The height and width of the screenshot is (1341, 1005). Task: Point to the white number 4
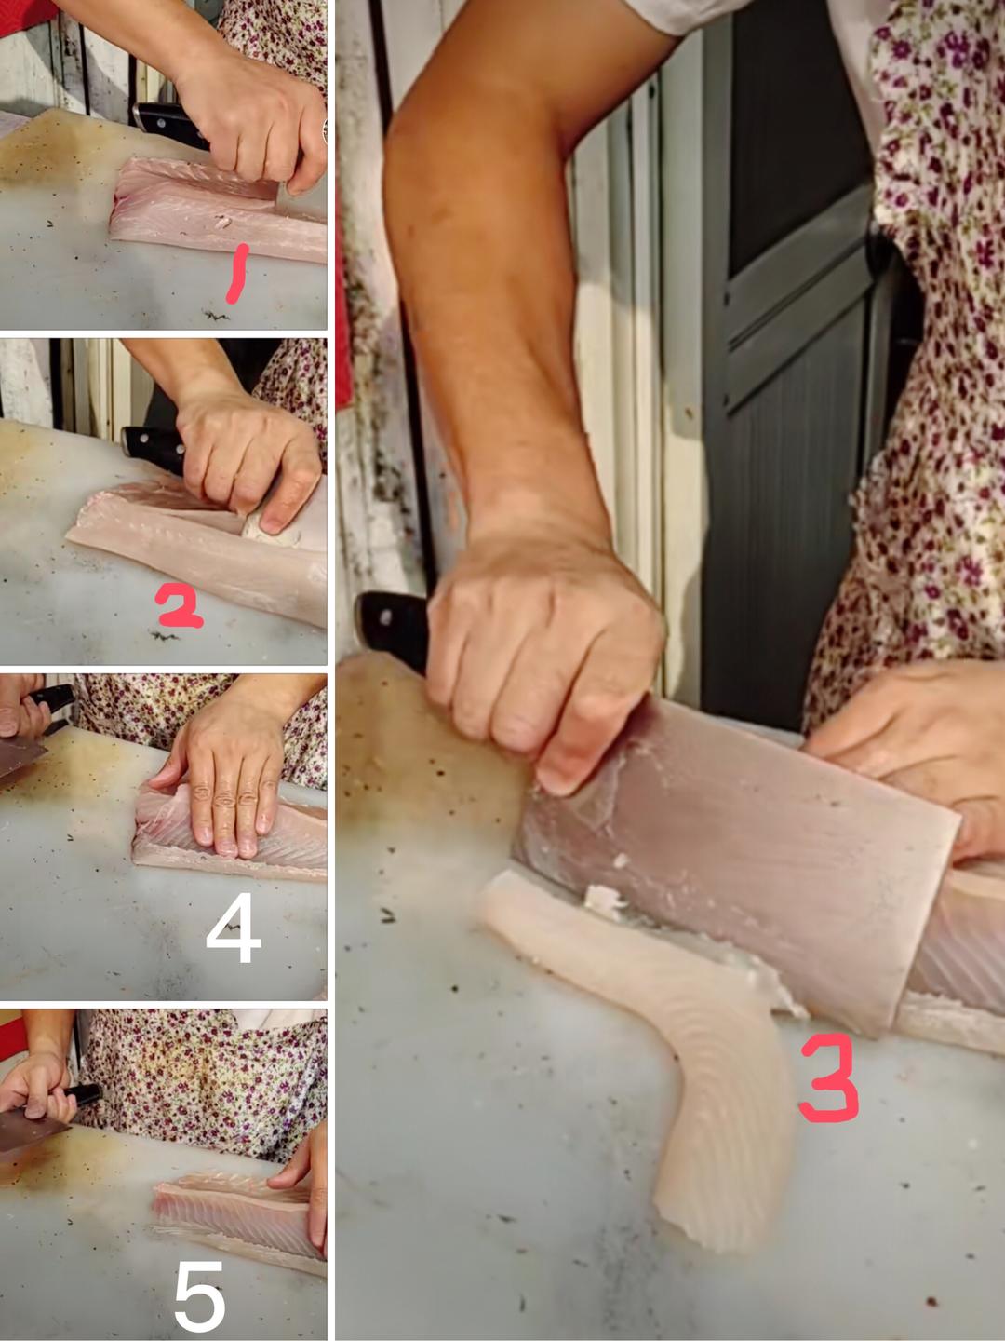[x=234, y=927]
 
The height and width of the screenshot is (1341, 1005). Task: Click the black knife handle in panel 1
[x=170, y=125]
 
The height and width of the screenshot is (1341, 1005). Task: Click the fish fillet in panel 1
[x=218, y=208]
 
